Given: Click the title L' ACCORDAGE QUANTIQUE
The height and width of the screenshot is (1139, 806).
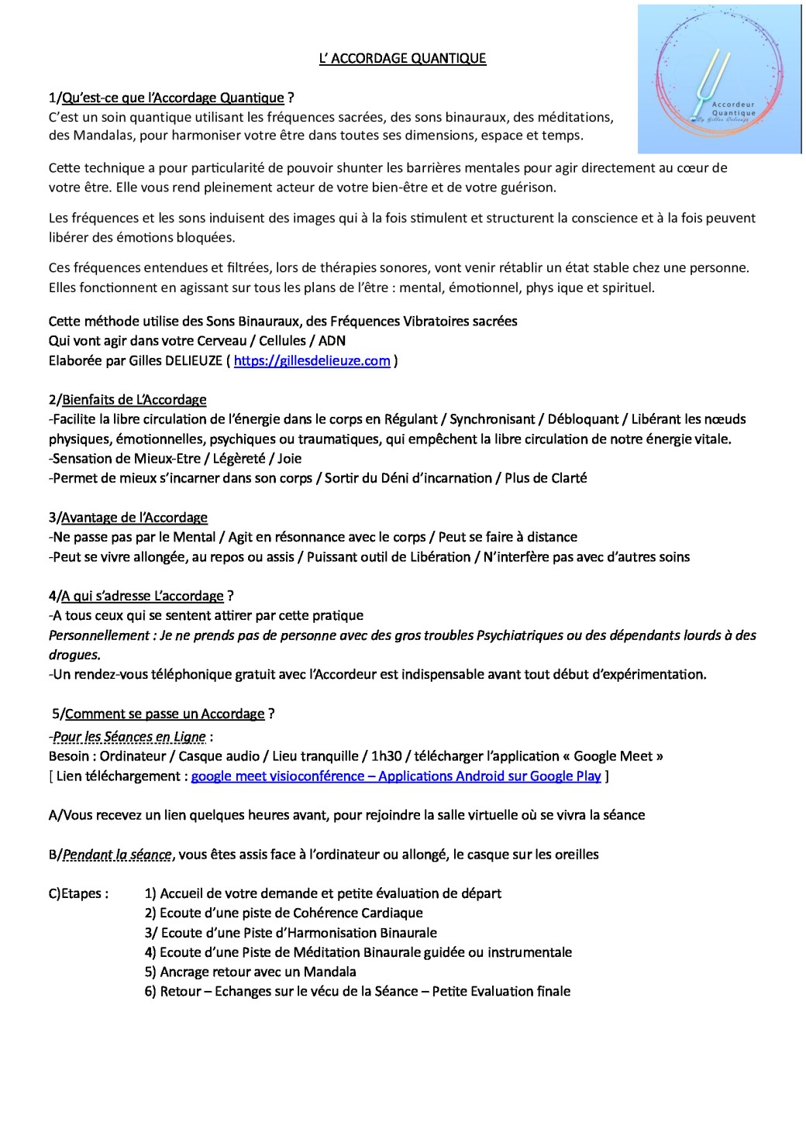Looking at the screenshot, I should click(x=402, y=58).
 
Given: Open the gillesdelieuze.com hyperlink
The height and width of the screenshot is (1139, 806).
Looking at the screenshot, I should click(x=312, y=360).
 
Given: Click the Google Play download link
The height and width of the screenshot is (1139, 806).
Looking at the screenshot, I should click(x=395, y=776).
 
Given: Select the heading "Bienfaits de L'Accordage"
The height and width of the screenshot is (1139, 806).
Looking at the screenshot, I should click(x=134, y=400).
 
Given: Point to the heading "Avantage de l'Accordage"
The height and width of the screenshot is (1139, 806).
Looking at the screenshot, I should click(x=134, y=517).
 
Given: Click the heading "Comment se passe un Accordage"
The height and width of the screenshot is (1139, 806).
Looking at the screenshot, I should click(x=165, y=714).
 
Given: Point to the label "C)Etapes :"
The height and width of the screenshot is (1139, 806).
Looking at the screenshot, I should click(x=78, y=893).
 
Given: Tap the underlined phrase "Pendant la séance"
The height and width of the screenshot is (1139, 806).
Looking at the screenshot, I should click(x=117, y=855).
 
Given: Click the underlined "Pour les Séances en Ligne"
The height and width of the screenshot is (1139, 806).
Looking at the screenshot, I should click(x=129, y=737).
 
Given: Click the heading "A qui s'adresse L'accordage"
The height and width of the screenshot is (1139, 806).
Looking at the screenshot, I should click(x=143, y=596).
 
